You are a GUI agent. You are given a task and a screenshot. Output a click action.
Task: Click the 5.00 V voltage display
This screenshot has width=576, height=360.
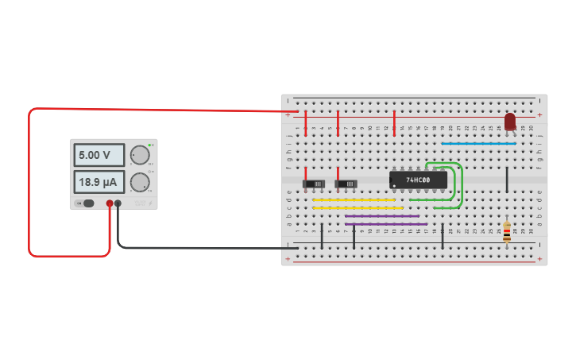pos(99,155)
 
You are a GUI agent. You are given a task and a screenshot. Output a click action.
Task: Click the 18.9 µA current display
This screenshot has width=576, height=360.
pos(99,182)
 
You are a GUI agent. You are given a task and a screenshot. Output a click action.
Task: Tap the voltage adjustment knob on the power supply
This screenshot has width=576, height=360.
pos(139,155)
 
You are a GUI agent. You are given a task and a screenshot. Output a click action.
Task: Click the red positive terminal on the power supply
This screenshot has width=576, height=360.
pos(110,203)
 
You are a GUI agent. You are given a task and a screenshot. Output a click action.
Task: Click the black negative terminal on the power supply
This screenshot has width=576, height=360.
pos(118,203)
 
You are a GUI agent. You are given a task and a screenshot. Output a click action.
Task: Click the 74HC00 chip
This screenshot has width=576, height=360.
pos(418,180)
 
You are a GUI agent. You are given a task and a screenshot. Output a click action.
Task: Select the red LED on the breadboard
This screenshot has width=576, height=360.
pos(510,122)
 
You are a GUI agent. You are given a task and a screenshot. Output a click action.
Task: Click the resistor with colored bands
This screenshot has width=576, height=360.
pos(507,232)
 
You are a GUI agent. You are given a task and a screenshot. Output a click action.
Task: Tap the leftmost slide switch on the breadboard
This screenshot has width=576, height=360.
pos(314,184)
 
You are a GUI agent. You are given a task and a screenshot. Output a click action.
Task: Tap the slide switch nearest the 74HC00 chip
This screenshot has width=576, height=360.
pos(346,184)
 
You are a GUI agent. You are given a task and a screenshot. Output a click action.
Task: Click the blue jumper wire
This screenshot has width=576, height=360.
pos(478,144)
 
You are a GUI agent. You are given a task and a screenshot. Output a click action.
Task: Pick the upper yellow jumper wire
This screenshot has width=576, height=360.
pos(354,200)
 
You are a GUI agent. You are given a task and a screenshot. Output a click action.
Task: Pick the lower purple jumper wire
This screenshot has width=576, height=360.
pos(385,224)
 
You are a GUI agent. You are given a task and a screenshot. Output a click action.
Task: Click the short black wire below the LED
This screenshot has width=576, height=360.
pos(507,180)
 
